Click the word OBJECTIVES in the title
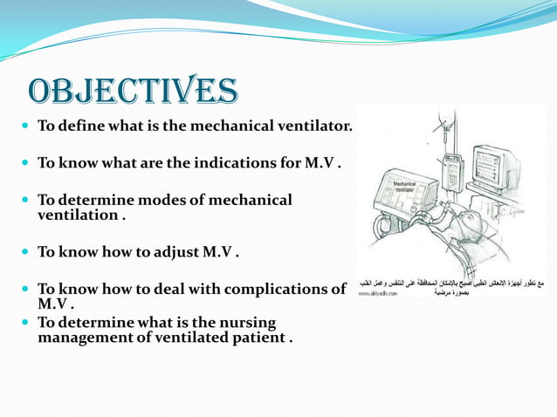coord(133,91)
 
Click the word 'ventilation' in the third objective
coord(77,214)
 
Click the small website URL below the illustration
coord(377,294)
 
